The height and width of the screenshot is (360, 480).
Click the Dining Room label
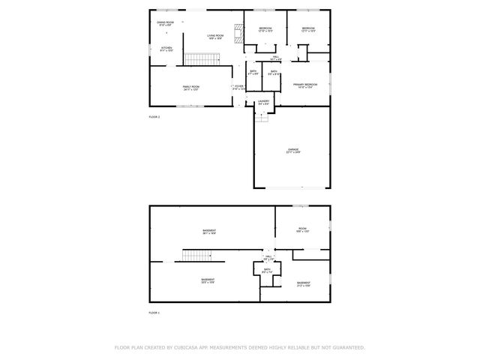165,24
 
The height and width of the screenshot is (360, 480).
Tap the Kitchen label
166,49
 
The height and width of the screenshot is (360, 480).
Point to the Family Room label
191,88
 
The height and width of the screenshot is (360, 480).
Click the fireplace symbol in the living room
239,32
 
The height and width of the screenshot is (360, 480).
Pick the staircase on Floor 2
202,58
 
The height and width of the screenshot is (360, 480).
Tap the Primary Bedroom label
305,85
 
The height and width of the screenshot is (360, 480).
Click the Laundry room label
263,102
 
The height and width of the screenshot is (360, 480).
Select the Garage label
293,151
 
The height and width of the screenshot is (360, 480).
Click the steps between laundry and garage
262,116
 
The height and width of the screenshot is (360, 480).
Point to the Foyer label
238,87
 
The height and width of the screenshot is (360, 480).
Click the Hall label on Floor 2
275,58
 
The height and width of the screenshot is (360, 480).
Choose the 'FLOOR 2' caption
154,118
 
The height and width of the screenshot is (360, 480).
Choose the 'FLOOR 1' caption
154,312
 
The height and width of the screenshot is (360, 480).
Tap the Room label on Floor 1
302,230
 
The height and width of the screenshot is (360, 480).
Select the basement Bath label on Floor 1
267,271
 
